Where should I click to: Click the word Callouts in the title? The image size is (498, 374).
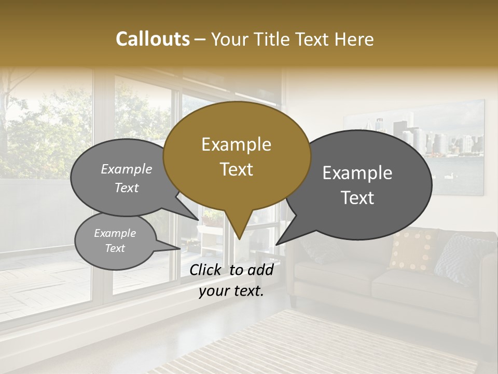pyautogui.click(x=153, y=39)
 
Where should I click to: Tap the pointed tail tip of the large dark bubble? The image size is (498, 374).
pyautogui.click(x=277, y=244)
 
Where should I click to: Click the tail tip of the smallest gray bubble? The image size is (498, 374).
pyautogui.click(x=179, y=249)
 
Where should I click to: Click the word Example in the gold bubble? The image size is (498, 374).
pyautogui.click(x=236, y=144)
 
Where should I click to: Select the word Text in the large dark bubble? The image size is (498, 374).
pyautogui.click(x=358, y=198)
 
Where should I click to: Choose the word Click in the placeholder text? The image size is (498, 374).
pyautogui.click(x=206, y=270)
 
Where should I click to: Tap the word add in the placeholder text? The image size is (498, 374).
pyautogui.click(x=260, y=270)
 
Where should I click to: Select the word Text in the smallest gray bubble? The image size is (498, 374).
pyautogui.click(x=115, y=248)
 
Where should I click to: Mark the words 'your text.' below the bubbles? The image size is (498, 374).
pyautogui.click(x=231, y=291)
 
